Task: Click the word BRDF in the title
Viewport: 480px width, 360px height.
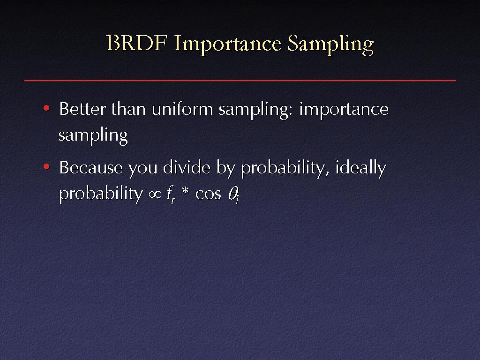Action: click(x=136, y=43)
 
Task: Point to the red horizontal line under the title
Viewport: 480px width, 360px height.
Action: click(x=240, y=80)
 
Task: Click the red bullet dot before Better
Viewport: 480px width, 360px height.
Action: click(x=46, y=108)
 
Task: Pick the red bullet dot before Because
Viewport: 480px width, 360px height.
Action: click(x=46, y=167)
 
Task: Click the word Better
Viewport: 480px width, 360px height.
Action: click(x=82, y=109)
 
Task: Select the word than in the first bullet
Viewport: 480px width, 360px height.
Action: click(x=128, y=109)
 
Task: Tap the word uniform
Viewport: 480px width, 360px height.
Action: click(x=182, y=109)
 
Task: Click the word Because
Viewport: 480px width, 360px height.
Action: click(x=91, y=167)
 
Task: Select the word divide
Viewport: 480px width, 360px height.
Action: click(x=187, y=167)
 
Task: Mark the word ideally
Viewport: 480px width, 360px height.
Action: click(x=360, y=169)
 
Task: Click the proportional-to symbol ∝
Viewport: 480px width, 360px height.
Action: click(x=155, y=195)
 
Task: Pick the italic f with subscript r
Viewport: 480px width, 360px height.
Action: click(x=171, y=195)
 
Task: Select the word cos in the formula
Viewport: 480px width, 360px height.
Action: click(x=208, y=195)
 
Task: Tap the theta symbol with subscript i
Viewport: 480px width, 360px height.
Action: click(x=233, y=195)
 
